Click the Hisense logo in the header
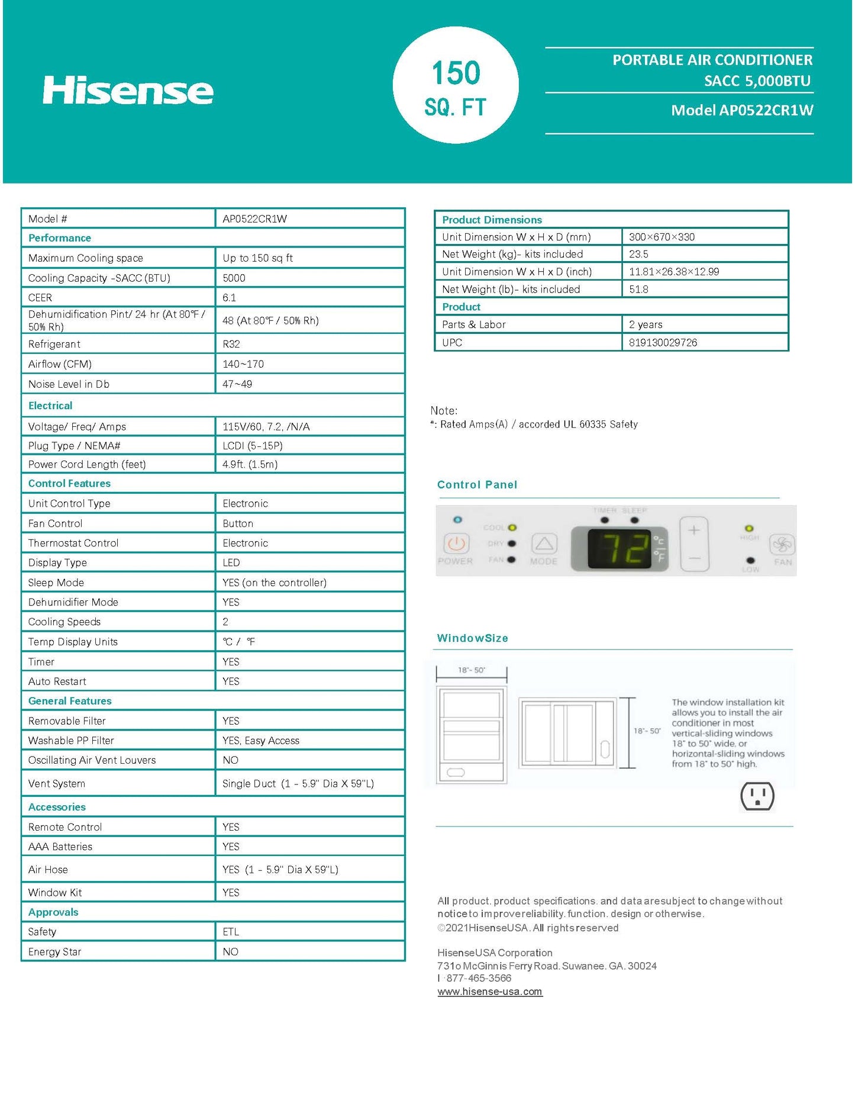(x=128, y=90)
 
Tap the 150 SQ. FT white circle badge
(x=456, y=86)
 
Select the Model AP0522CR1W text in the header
(x=741, y=110)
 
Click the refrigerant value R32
(x=231, y=344)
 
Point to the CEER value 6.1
(x=229, y=298)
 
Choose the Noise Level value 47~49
(x=237, y=384)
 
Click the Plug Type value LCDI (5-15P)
(x=253, y=446)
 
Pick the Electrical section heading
(x=50, y=406)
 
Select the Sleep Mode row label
(x=56, y=583)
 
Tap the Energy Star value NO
(x=230, y=951)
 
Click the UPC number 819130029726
(x=663, y=343)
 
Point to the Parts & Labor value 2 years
(x=646, y=324)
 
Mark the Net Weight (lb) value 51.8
(x=638, y=290)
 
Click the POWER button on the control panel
(x=456, y=543)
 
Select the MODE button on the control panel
(x=544, y=544)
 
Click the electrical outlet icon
(x=757, y=796)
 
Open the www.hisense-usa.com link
(x=490, y=992)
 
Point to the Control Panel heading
(x=477, y=485)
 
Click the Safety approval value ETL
(x=231, y=932)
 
